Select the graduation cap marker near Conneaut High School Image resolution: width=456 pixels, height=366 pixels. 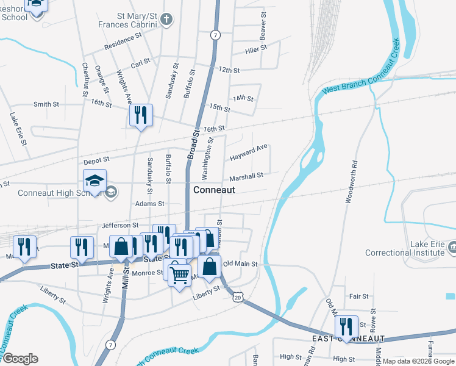(95, 181)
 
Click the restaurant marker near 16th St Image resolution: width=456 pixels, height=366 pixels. (141, 115)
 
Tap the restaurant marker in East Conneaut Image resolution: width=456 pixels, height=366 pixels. (346, 326)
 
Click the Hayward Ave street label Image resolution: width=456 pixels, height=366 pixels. (249, 152)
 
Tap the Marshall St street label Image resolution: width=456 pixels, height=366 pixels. (246, 176)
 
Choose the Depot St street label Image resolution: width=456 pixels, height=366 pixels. (96, 162)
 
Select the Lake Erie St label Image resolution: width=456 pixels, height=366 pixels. (17, 127)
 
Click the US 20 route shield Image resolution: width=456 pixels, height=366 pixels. (238, 296)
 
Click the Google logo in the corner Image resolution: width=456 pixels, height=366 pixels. (20, 359)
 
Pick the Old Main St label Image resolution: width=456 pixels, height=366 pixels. (241, 264)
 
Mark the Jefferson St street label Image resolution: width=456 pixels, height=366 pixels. (117, 225)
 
